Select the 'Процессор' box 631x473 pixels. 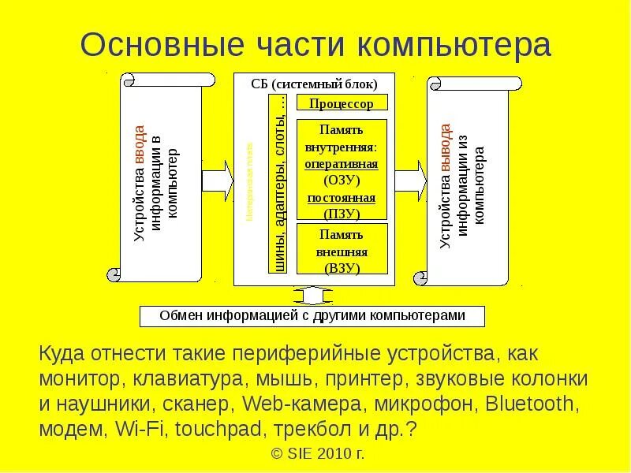click(342, 103)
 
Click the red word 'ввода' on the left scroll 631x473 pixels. click(140, 142)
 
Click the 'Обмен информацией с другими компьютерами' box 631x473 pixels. click(312, 315)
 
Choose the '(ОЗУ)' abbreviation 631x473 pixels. click(342, 181)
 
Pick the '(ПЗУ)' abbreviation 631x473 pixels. click(342, 213)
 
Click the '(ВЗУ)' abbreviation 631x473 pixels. click(342, 268)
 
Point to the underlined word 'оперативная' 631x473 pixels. click(342, 164)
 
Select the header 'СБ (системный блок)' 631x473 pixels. click(314, 84)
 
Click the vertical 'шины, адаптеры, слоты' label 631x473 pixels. click(278, 183)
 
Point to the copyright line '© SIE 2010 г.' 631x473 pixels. click(317, 455)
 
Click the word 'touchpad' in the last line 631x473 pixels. click(210, 430)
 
